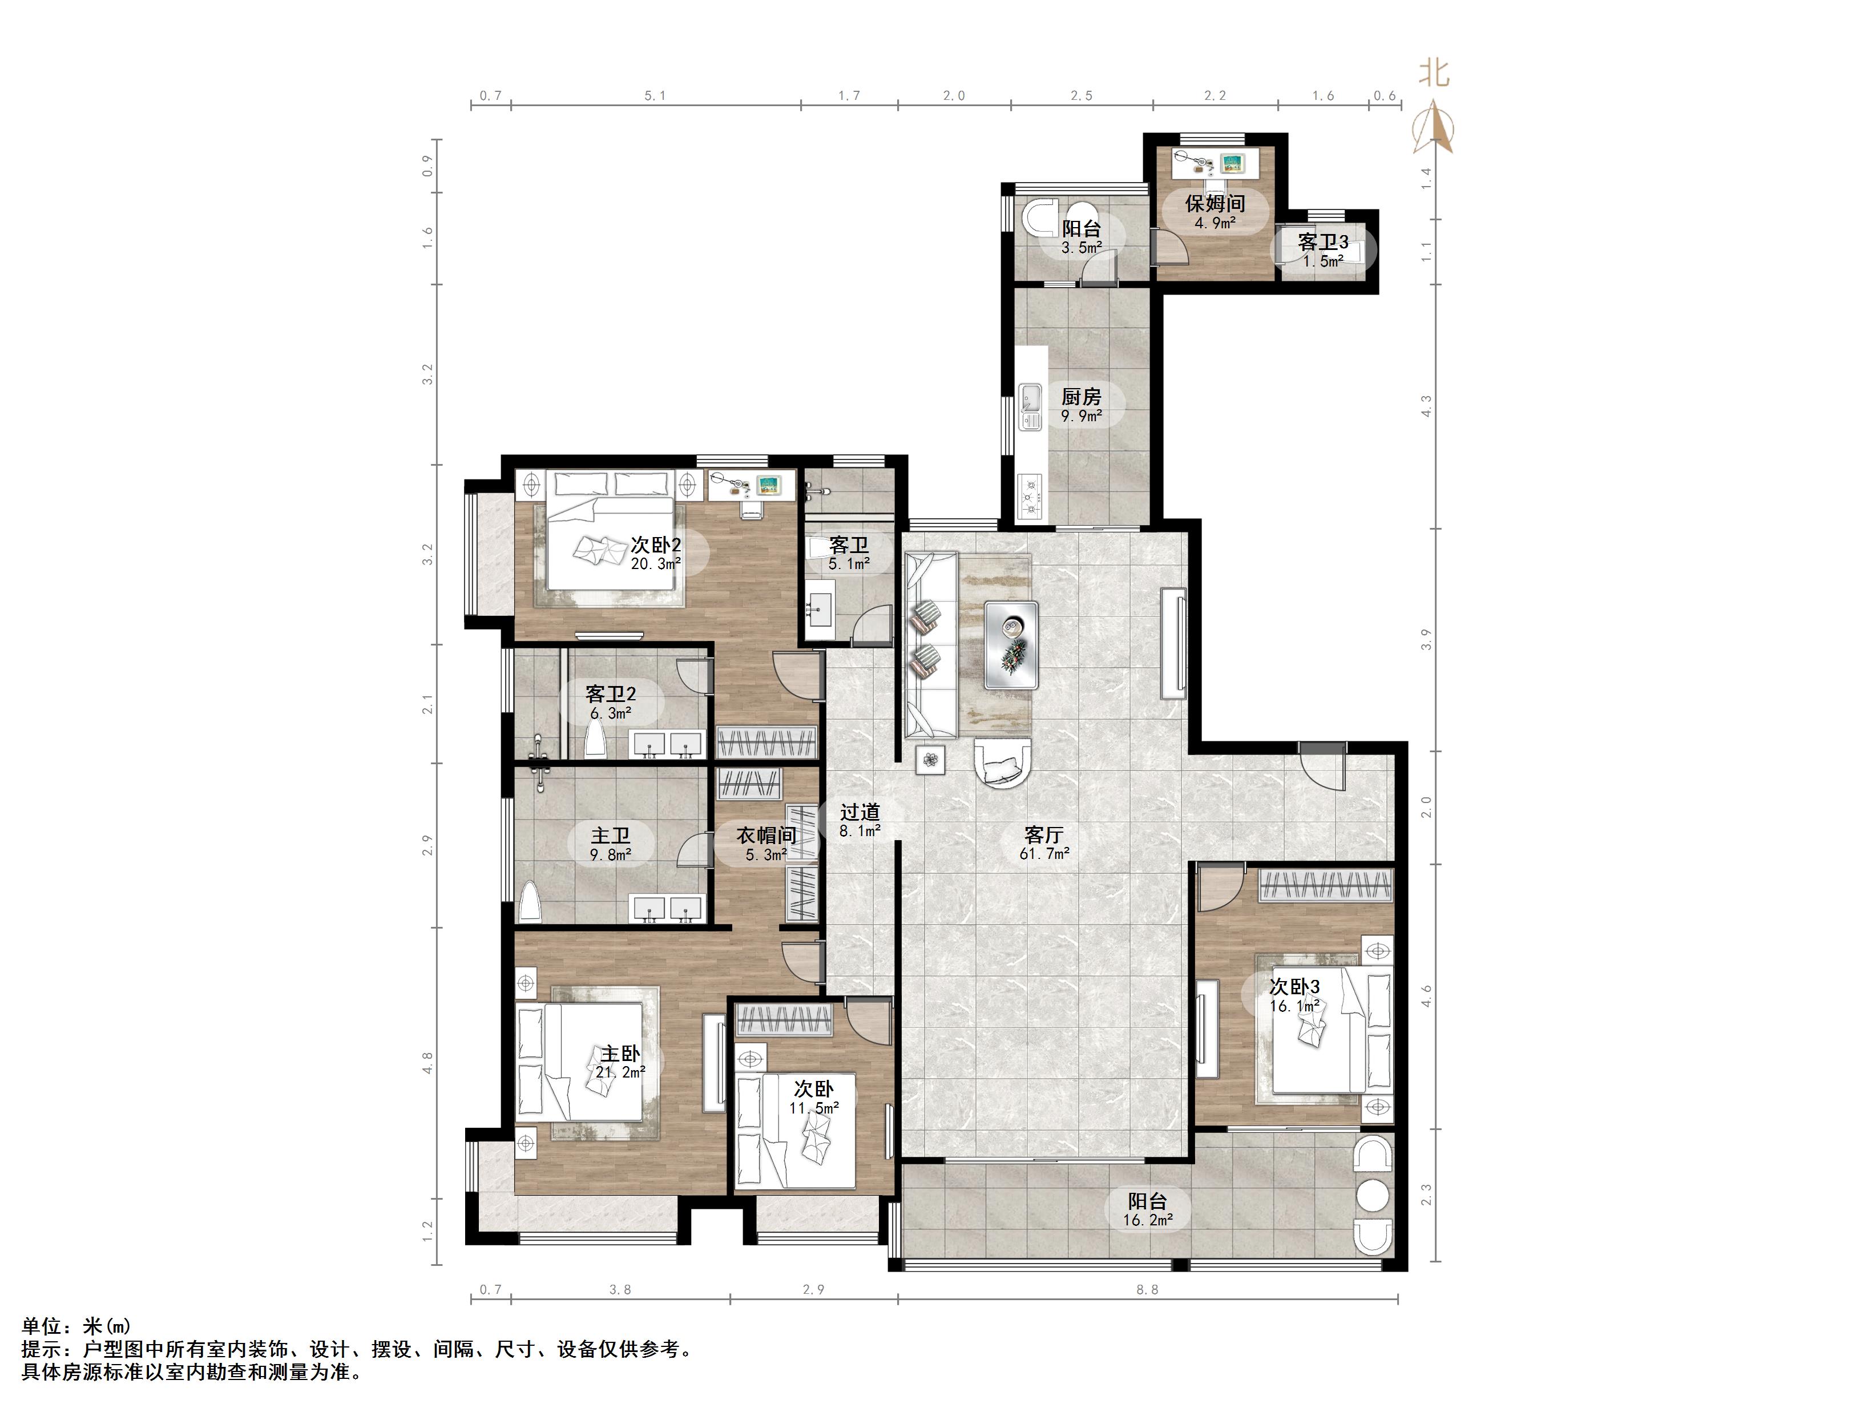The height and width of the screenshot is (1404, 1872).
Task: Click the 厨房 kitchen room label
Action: point(1081,396)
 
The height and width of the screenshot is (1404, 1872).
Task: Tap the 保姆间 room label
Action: point(1215,203)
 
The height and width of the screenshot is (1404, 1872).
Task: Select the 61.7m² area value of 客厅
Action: point(1044,854)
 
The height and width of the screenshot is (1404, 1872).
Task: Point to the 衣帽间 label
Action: point(766,836)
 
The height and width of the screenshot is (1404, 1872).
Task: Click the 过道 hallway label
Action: point(860,812)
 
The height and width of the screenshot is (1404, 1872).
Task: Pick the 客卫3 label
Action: point(1323,242)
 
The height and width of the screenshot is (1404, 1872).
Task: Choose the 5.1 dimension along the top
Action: point(655,96)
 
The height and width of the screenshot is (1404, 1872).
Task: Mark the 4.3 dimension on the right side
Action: point(1426,406)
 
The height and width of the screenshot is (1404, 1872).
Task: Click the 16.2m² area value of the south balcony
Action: point(1148,1220)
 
